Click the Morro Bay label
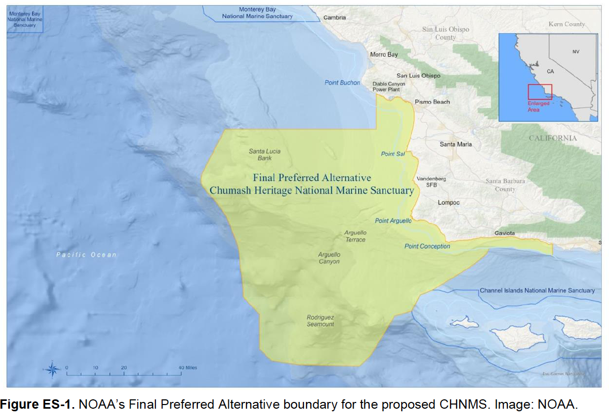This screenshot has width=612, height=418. coord(384,54)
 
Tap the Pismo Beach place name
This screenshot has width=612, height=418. coord(432,102)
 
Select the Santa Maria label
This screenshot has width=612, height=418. coord(456,144)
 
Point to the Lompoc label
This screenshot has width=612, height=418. coord(448,203)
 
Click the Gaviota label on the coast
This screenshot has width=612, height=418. coord(504,233)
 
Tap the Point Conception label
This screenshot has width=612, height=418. coord(427,247)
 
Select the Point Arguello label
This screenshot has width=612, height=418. coord(393,221)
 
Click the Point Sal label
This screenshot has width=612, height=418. coord(392,154)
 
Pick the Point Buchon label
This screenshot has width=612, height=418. coord(342,83)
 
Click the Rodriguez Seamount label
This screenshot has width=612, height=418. coord(320,321)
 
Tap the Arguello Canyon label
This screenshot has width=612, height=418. coord(329,258)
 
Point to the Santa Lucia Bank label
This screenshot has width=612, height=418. coord(265,154)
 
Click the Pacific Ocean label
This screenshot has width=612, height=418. coord(86,254)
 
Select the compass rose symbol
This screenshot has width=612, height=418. coord(52,369)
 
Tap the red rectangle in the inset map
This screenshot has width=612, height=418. coord(540,92)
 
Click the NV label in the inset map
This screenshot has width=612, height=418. coord(576,52)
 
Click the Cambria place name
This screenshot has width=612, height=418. coord(334,18)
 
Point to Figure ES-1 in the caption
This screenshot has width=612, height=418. coord(39,404)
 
